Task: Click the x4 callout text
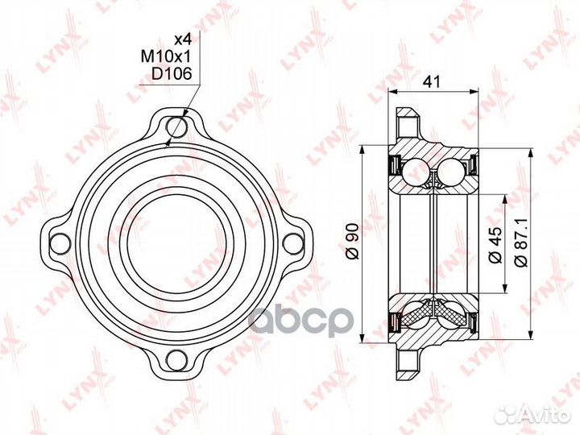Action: click(x=182, y=39)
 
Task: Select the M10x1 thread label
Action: click(x=166, y=56)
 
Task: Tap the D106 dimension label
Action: click(x=172, y=74)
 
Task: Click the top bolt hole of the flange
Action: click(x=177, y=127)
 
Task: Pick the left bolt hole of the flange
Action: click(x=60, y=244)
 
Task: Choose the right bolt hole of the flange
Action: click(x=293, y=244)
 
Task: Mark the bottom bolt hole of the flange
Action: click(x=177, y=360)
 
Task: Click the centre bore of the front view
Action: click(x=176, y=244)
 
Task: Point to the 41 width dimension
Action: click(x=432, y=81)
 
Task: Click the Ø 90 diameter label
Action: click(x=353, y=241)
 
